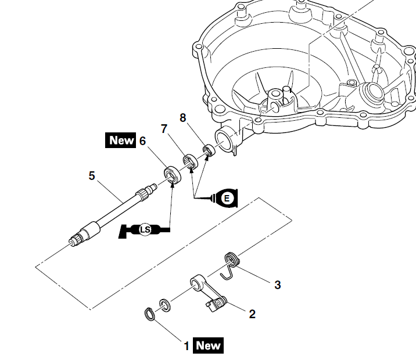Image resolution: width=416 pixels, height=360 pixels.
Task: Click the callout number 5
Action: [x=92, y=175]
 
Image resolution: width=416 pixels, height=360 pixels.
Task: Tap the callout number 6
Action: [x=142, y=141]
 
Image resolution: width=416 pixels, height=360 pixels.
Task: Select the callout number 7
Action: [x=164, y=128]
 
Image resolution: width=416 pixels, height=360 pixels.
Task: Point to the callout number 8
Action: [x=183, y=118]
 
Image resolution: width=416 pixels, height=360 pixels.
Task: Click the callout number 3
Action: [x=278, y=285]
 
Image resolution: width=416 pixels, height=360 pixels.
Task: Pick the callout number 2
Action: [x=252, y=314]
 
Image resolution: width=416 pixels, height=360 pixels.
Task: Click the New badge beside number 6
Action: [x=121, y=141]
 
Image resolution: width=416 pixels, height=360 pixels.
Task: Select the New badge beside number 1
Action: [x=208, y=345]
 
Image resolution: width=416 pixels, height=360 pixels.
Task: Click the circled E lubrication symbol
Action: [x=227, y=198]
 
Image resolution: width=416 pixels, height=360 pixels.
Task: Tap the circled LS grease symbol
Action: [x=145, y=231]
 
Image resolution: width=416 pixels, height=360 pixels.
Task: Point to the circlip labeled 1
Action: [x=149, y=315]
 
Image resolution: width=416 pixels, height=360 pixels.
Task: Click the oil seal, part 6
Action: [x=170, y=174]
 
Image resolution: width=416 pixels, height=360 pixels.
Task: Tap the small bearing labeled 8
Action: [x=207, y=152]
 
